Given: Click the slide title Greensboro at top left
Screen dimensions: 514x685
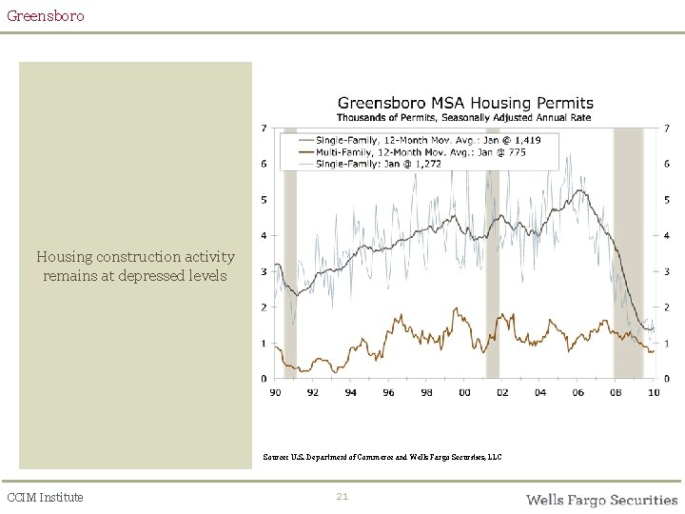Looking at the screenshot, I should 45,16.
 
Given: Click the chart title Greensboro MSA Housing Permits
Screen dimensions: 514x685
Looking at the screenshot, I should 465,103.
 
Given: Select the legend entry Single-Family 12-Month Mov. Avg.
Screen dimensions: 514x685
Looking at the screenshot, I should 419,140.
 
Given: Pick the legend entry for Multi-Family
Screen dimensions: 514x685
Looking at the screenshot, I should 419,151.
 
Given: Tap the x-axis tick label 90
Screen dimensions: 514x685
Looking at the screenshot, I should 276,392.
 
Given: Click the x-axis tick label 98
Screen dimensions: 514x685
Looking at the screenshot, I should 426,392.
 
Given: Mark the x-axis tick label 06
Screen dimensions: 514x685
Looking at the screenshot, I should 577,392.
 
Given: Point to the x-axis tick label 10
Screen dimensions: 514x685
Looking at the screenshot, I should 653,392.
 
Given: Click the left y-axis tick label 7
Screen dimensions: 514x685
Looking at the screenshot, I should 264,128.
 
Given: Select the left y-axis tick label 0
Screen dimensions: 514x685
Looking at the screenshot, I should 264,379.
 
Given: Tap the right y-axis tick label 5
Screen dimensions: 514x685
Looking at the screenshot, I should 666,200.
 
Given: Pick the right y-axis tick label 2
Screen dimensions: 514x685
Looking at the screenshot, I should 666,307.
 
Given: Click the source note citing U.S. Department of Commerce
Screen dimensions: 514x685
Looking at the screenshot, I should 382,458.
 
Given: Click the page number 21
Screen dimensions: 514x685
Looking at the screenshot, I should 342,497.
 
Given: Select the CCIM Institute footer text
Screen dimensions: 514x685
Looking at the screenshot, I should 45,497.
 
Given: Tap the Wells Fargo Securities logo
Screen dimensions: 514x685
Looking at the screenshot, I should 601,500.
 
